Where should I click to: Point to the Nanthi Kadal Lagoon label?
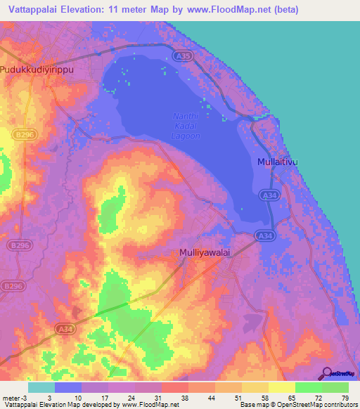point(186,126)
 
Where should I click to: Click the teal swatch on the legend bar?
point(41,387)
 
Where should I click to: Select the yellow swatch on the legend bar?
point(282,387)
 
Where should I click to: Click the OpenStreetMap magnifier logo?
point(326,374)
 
